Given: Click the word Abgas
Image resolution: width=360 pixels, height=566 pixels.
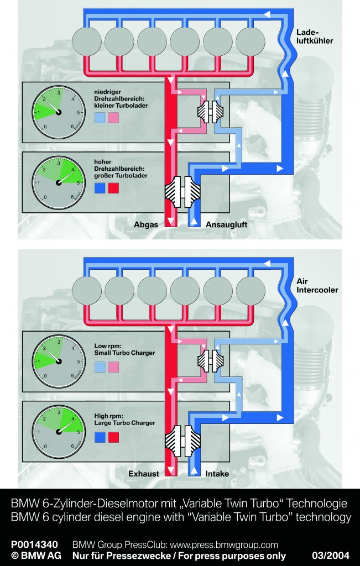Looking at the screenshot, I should pyautogui.click(x=147, y=225).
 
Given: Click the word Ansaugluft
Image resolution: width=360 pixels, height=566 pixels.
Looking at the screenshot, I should pyautogui.click(x=226, y=225).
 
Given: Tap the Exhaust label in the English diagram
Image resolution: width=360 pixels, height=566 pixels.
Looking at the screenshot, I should pyautogui.click(x=144, y=474).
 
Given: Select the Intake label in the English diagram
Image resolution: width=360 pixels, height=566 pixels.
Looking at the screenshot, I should pyautogui.click(x=217, y=474).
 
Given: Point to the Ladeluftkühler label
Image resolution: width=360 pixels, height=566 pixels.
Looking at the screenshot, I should pyautogui.click(x=314, y=36).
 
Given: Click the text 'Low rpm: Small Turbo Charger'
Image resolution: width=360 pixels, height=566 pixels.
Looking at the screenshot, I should pyautogui.click(x=124, y=349).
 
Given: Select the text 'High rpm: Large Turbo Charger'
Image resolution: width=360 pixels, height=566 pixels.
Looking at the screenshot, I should pyautogui.click(x=124, y=420).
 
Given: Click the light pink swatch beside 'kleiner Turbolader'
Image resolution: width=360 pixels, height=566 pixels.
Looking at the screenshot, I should pyautogui.click(x=113, y=117).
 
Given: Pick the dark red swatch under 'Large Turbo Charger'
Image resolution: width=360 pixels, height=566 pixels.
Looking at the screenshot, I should pyautogui.click(x=113, y=438).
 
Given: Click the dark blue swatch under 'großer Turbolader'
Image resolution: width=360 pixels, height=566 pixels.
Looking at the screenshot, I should pyautogui.click(x=100, y=188).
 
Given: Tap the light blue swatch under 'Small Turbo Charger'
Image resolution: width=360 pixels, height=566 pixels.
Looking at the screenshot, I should pyautogui.click(x=100, y=367).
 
